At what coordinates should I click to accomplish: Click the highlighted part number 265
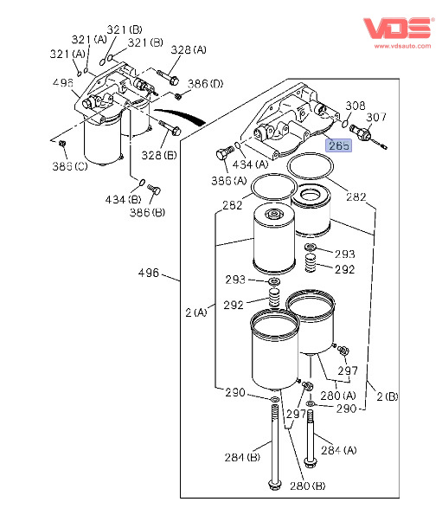point(338,145)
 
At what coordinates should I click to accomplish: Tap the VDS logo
point(397,29)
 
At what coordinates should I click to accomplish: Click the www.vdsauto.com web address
point(402,46)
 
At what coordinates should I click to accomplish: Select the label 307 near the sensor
point(376,117)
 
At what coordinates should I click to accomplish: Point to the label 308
point(356,106)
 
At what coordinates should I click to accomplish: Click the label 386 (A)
point(228,181)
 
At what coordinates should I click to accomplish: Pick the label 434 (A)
point(251,164)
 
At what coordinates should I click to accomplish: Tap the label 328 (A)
point(189,50)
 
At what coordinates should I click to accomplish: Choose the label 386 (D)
point(205,83)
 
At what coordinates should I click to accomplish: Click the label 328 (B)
point(159,155)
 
